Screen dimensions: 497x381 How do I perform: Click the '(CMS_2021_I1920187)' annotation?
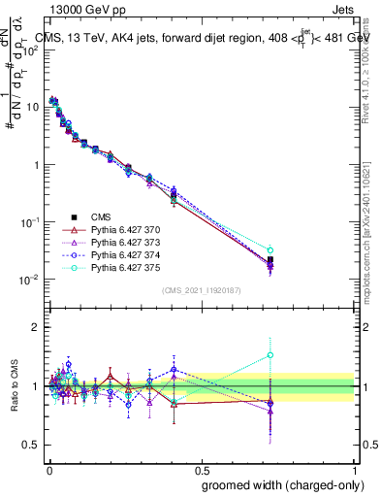(202, 289)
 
